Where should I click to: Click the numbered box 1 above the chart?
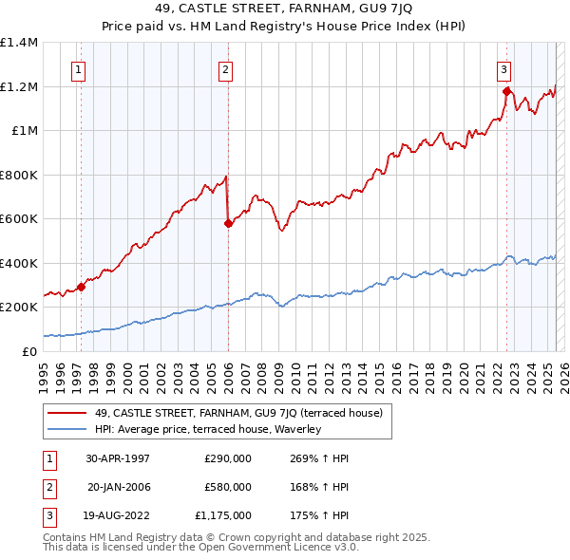point(77,68)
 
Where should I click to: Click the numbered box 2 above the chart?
point(225,68)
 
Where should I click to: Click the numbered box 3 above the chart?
point(503,68)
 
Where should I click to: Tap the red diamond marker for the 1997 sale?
point(82,287)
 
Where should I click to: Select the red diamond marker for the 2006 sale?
point(228,224)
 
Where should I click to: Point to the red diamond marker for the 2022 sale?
point(506,92)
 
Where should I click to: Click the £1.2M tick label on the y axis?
point(19,86)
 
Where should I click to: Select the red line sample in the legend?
point(67,412)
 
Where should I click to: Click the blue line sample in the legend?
point(67,429)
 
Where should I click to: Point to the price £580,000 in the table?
point(228,487)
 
